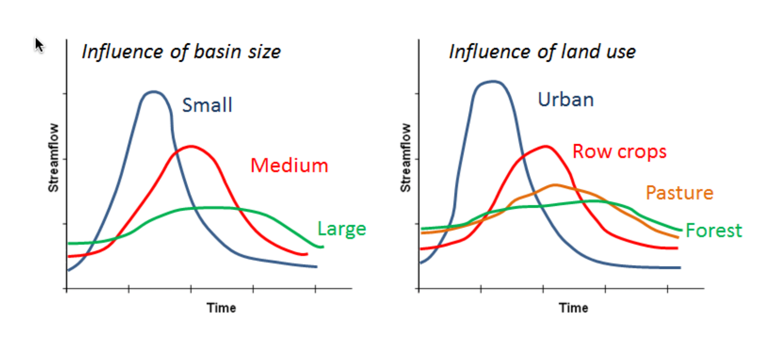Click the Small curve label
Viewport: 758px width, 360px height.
[x=207, y=105]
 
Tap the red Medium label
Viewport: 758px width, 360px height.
[x=289, y=166]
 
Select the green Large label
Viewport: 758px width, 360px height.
[x=341, y=229]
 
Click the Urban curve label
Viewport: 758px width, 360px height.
[x=566, y=100]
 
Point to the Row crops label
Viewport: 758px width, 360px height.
[x=619, y=152]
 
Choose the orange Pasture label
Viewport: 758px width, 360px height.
[x=679, y=193]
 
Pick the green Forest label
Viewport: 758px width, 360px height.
[x=714, y=230]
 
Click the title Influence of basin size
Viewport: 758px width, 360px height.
[x=181, y=52]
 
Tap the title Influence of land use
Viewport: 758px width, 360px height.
[x=542, y=52]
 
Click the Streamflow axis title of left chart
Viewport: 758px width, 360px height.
[x=53, y=158]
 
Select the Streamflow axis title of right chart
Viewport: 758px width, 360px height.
[x=406, y=158]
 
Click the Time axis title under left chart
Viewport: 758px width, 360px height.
[x=221, y=308]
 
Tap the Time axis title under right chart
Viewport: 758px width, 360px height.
[x=573, y=308]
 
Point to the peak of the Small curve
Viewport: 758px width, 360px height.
[x=153, y=91]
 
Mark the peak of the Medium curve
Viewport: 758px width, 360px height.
[x=191, y=146]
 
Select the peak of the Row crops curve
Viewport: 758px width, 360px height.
[x=546, y=146]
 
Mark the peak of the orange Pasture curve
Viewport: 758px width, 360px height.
[x=555, y=185]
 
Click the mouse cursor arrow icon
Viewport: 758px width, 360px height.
[x=39, y=44]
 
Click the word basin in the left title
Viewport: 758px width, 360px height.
[x=215, y=52]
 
